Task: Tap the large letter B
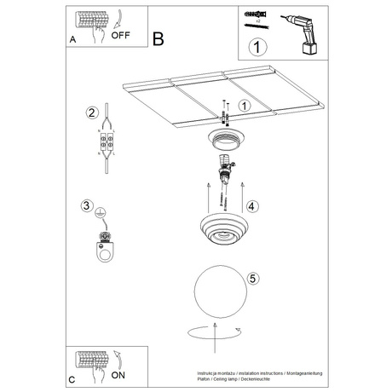click(158, 38)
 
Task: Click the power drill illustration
click(306, 33)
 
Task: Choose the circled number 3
click(86, 205)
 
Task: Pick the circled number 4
click(251, 205)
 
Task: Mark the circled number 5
click(253, 278)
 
